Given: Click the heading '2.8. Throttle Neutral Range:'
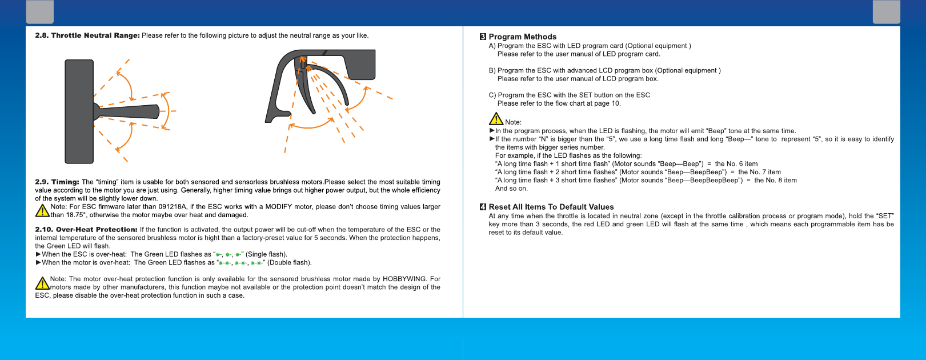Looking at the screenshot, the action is [87, 35].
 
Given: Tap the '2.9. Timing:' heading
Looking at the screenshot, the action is [57, 182].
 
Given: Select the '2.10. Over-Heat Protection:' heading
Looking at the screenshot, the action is [86, 229].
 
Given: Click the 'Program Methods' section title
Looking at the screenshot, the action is [523, 37].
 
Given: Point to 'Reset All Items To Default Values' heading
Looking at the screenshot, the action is [551, 207].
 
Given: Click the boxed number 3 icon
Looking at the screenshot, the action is [483, 37].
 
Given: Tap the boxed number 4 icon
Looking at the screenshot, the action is [483, 207].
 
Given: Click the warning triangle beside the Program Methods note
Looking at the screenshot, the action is [496, 119].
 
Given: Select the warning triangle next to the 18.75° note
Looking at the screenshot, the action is [42, 211].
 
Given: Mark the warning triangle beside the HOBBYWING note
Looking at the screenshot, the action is [42, 283].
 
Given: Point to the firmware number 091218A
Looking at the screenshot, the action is [173, 207].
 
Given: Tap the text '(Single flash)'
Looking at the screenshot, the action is [266, 254].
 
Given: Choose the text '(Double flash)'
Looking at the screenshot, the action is [289, 262].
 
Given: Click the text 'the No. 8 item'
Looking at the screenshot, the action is [776, 180].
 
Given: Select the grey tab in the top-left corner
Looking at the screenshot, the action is [39, 11].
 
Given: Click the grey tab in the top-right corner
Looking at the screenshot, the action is [887, 11].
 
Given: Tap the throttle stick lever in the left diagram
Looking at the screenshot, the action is [127, 111].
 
